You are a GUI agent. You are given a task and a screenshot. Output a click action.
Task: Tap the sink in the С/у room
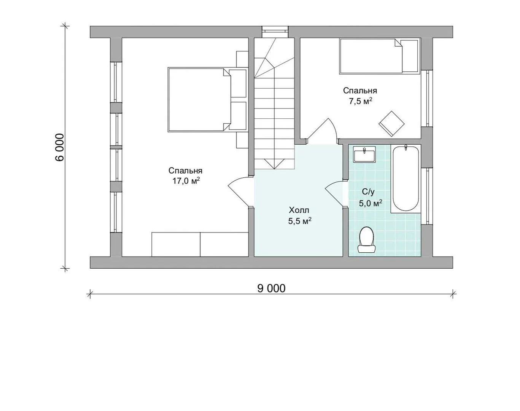pyautogui.click(x=364, y=154)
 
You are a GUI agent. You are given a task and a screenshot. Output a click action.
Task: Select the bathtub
pyautogui.click(x=406, y=178)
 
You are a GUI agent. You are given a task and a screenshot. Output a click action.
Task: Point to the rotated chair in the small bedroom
pyautogui.click(x=392, y=124)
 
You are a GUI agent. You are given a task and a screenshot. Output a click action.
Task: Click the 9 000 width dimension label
pyautogui.click(x=271, y=288)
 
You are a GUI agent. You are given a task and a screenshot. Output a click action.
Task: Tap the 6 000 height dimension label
pyautogui.click(x=59, y=147)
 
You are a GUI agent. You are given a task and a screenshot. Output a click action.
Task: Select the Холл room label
pyautogui.click(x=299, y=210)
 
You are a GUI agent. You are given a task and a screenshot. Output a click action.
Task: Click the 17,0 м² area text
pyautogui.click(x=186, y=181)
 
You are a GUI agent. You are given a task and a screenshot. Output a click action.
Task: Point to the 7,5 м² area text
pyautogui.click(x=360, y=101)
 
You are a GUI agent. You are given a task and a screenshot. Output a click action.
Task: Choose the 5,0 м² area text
pyautogui.click(x=371, y=203)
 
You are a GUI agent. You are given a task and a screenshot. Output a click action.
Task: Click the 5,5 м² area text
pyautogui.click(x=300, y=221)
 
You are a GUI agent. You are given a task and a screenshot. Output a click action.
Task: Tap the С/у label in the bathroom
pyautogui.click(x=368, y=192)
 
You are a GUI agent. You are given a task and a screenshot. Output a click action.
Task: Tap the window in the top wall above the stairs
pyautogui.click(x=275, y=32)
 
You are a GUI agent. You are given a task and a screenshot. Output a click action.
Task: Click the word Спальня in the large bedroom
pyautogui.click(x=185, y=171)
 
